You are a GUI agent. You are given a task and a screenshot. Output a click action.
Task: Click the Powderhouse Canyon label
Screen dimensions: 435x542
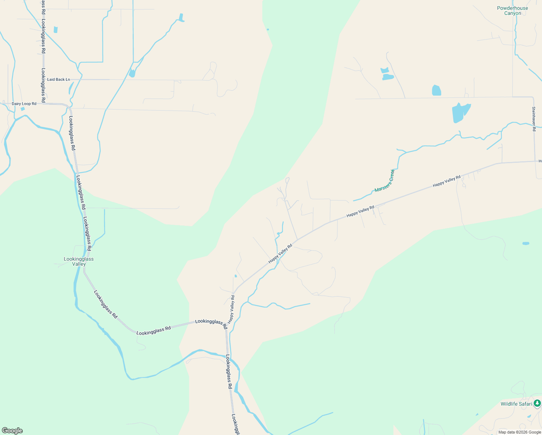point(512,11)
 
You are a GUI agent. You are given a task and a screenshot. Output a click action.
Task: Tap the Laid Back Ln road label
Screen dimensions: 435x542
point(58,79)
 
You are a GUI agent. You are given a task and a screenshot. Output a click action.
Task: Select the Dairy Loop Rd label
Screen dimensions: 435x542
point(24,104)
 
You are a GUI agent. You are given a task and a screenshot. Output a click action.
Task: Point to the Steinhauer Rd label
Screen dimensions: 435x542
point(534,119)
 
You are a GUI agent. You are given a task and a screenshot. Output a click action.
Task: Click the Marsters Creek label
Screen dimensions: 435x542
point(384,181)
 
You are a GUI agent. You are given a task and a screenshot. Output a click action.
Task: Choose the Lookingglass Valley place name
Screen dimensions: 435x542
point(79,261)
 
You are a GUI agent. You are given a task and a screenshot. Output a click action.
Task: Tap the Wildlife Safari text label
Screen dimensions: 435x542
point(516,404)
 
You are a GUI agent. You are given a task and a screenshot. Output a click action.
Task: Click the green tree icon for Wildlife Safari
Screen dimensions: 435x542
point(537,403)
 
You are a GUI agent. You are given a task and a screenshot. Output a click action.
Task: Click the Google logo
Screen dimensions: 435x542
point(12,431)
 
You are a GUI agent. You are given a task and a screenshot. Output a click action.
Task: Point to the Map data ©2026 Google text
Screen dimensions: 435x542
point(520,432)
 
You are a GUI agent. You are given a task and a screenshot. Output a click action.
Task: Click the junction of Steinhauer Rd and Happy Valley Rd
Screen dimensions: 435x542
point(535,161)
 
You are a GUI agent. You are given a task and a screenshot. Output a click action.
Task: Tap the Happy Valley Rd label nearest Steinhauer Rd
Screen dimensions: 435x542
point(446,181)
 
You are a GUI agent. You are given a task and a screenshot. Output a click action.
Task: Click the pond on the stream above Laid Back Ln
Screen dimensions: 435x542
point(132,73)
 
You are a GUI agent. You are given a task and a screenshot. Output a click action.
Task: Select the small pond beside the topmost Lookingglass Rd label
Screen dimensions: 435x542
point(55,30)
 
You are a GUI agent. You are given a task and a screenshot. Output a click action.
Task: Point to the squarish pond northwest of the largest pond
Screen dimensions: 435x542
point(436,90)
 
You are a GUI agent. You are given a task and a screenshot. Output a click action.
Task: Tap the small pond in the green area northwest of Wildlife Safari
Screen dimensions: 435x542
point(526,243)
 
